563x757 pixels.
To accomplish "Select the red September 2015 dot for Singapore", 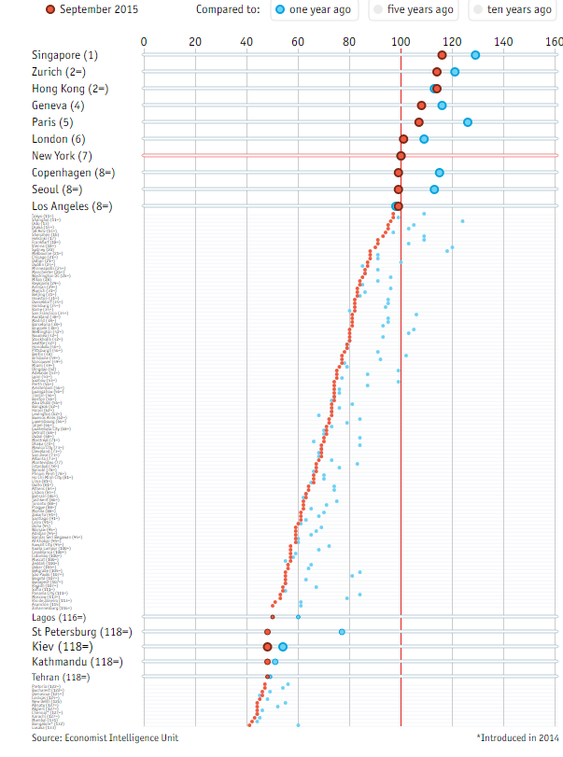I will (x=442, y=55).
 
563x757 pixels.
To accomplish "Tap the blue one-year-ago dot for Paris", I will (x=468, y=122).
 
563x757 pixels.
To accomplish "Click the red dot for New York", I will (x=401, y=156).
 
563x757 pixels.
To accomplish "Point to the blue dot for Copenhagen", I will (x=439, y=173).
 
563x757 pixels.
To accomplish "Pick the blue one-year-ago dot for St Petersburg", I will (x=342, y=632).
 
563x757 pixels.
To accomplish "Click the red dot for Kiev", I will (x=268, y=647).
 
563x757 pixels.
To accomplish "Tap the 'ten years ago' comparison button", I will (x=514, y=9).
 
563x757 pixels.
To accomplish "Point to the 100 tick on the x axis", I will (x=401, y=41).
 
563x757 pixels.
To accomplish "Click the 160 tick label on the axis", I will (x=554, y=41).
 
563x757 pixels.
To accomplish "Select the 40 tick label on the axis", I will (x=246, y=41).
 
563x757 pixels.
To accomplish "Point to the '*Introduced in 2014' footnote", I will (x=517, y=737).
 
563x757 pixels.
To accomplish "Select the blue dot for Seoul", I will (x=434, y=189).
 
